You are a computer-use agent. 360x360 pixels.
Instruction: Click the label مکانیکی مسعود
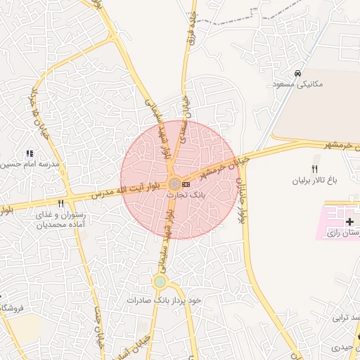tap(299, 84)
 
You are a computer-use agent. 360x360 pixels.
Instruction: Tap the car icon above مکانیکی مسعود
tap(298, 73)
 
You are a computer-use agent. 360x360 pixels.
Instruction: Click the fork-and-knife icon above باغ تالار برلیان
tap(314, 169)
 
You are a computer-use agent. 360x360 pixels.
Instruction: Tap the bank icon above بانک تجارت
tap(186, 184)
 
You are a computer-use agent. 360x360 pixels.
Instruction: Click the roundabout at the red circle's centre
tap(174, 184)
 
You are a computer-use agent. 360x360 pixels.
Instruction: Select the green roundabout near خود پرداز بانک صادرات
tap(160, 283)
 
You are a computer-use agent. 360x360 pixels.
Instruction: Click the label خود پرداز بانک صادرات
tap(164, 300)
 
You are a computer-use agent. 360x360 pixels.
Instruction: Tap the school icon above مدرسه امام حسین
tap(30, 153)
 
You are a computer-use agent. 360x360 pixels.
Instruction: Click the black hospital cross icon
tap(350, 221)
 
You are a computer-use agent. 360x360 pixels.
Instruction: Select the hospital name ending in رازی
tap(343, 231)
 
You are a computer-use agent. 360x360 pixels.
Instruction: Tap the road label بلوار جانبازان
tap(242, 200)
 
